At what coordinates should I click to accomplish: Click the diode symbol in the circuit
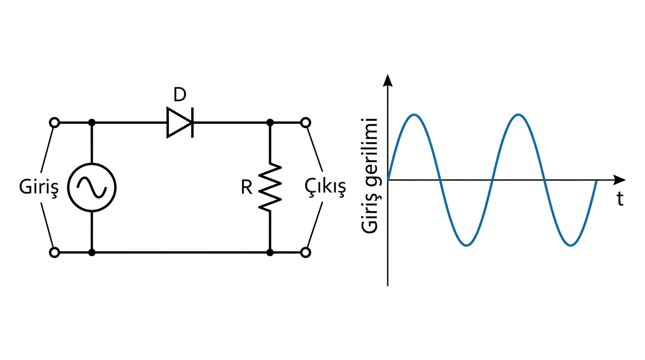(x=180, y=123)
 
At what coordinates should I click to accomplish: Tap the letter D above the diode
(x=180, y=95)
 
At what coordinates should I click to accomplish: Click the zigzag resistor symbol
(x=270, y=187)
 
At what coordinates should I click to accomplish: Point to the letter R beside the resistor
(x=247, y=187)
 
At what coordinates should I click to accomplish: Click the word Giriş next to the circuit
(x=39, y=187)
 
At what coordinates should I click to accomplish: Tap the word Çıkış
(x=325, y=187)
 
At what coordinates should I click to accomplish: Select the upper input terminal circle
(x=54, y=123)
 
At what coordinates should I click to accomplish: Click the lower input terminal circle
(x=54, y=253)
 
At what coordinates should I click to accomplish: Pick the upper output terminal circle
(x=306, y=123)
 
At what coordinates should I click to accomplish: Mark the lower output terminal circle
(x=306, y=253)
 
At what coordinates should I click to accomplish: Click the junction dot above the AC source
(x=92, y=123)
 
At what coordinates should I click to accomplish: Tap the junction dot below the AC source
(x=92, y=253)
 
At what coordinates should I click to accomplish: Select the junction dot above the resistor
(x=270, y=123)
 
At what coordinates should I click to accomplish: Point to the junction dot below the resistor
(x=270, y=253)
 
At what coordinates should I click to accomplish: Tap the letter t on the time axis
(x=620, y=199)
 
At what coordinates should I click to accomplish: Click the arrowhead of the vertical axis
(x=388, y=80)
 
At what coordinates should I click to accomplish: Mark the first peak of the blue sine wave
(x=414, y=115)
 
